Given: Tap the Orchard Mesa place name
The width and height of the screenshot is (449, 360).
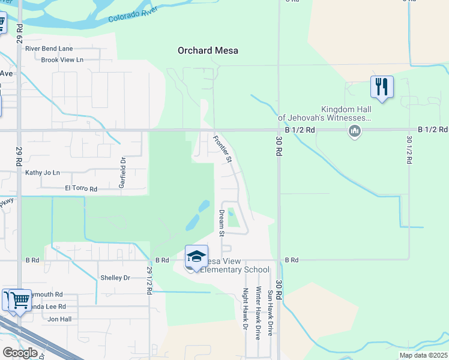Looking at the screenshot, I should tap(208, 50).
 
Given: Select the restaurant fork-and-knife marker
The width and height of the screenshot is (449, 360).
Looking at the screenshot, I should tap(382, 88).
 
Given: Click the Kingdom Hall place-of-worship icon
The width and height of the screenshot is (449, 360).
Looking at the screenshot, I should tap(354, 131).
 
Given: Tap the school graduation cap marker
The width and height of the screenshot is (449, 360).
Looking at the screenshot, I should tap(196, 257).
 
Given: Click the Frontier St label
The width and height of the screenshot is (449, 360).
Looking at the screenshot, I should tap(222, 149).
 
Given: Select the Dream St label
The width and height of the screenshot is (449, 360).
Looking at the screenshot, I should tap(221, 222).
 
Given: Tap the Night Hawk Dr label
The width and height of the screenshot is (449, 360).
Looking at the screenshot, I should tap(245, 309).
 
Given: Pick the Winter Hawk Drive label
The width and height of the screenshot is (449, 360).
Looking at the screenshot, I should tap(258, 313).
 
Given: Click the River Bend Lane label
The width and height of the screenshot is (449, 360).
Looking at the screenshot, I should tap(49, 49).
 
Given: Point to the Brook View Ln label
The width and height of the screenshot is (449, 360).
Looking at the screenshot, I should tap(62, 60).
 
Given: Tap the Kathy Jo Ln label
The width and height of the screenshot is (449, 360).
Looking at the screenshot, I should tap(43, 173).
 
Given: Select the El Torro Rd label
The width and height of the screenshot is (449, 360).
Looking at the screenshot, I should tap(81, 188).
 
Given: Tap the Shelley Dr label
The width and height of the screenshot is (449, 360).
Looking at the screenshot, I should tap(115, 278).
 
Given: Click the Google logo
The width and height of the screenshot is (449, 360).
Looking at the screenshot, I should tap(19, 353).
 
